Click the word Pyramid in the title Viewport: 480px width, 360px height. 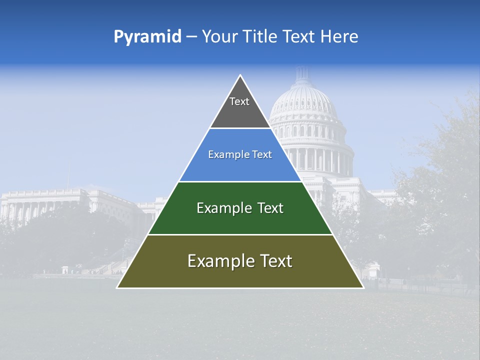coord(147,37)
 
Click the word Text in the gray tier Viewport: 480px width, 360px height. coord(239,101)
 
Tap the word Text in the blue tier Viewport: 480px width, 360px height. coord(262,155)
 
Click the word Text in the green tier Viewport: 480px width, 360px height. coord(270,208)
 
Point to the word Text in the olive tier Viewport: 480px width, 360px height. coord(274,261)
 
